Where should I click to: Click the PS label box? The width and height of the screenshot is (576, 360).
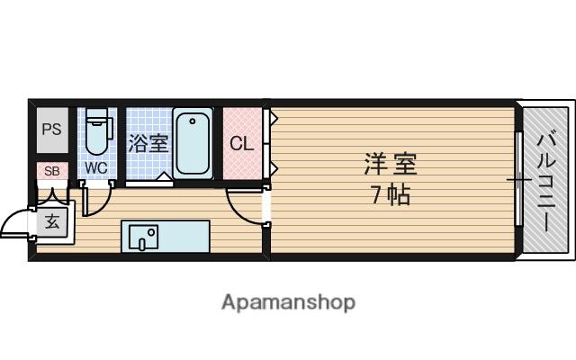pyautogui.click(x=51, y=129)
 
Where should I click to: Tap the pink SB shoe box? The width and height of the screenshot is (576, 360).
pyautogui.click(x=51, y=171)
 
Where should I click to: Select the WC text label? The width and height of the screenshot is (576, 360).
pyautogui.click(x=96, y=168)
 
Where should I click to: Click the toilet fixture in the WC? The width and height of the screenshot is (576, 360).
pyautogui.click(x=96, y=135)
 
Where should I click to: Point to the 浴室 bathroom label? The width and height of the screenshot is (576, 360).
pyautogui.click(x=148, y=142)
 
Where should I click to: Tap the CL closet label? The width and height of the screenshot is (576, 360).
pyautogui.click(x=241, y=143)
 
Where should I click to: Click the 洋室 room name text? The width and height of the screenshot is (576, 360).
pyautogui.click(x=391, y=165)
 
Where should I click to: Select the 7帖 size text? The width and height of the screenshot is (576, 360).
pyautogui.click(x=391, y=193)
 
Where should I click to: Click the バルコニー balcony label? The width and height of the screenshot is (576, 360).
pyautogui.click(x=546, y=180)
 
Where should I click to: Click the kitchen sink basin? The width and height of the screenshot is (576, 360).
pyautogui.click(x=143, y=238)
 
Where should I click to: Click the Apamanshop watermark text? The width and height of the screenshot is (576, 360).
pyautogui.click(x=288, y=301)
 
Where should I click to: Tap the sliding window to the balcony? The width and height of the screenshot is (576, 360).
pyautogui.click(x=519, y=180)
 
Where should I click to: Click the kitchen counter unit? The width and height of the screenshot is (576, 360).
pyautogui.click(x=166, y=237)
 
